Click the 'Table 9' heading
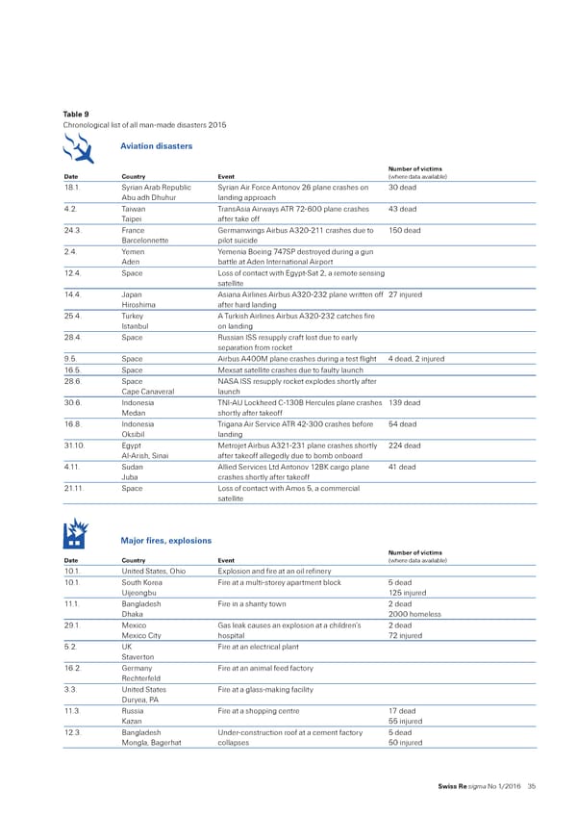coord(75,115)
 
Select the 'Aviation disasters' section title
coord(156,146)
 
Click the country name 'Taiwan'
coord(136,209)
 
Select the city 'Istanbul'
coord(138,325)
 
